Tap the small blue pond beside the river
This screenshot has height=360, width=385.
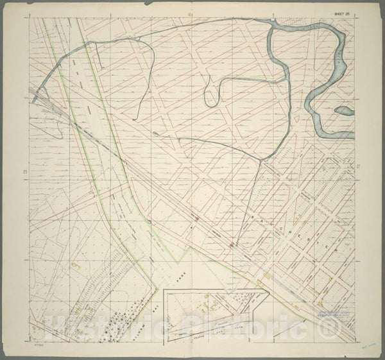[344, 111]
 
